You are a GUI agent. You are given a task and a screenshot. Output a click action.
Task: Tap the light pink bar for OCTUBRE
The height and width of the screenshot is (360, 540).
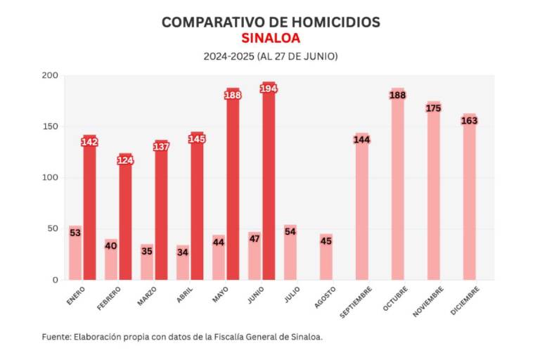pyautogui.click(x=397, y=190)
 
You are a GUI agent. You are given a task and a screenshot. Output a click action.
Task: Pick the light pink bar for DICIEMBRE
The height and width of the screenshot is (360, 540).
pyautogui.click(x=469, y=200)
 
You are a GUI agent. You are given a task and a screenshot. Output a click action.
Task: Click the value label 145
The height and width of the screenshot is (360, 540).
pyautogui.click(x=197, y=139)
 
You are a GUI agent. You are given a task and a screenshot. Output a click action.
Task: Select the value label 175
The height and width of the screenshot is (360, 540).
pyautogui.click(x=433, y=108)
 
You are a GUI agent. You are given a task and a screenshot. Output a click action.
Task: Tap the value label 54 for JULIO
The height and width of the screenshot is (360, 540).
pyautogui.click(x=290, y=232)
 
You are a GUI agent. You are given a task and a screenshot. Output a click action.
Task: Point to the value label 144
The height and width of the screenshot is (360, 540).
pyautogui.click(x=362, y=140)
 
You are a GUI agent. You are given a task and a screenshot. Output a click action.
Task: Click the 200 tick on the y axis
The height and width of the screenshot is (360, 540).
pyautogui.click(x=50, y=76)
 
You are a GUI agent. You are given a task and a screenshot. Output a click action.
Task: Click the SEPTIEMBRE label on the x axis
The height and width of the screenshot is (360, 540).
pyautogui.click(x=355, y=302)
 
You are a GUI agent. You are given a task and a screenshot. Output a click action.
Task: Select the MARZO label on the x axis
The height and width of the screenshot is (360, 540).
pyautogui.click(x=147, y=296)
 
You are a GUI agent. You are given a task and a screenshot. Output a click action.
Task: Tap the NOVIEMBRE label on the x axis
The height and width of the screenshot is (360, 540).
pyautogui.click(x=427, y=301)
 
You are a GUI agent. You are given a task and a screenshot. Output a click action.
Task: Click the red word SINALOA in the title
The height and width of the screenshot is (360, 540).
pyautogui.click(x=271, y=38)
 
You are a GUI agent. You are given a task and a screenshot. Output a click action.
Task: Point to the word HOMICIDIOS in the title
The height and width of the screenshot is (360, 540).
pyautogui.click(x=333, y=22)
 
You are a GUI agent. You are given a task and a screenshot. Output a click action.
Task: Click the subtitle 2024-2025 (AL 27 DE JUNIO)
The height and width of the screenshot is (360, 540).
pyautogui.click(x=271, y=56)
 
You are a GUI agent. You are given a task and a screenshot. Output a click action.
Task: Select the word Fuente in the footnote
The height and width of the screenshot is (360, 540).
pyautogui.click(x=56, y=337)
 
